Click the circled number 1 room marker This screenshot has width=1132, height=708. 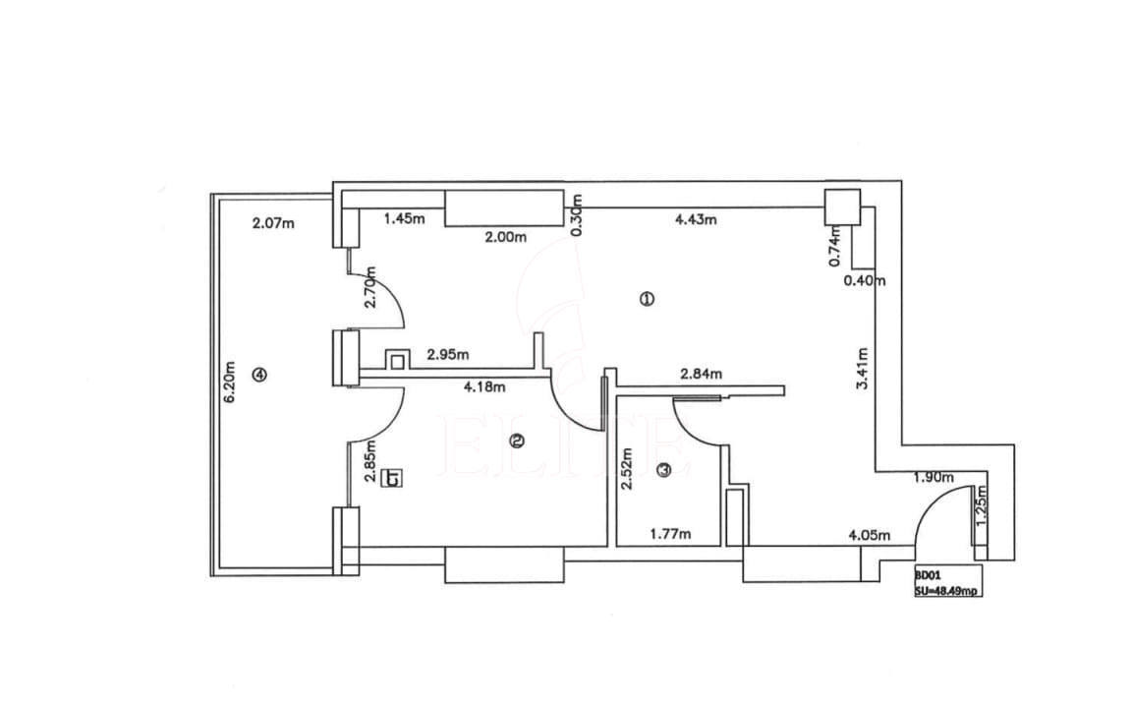647,298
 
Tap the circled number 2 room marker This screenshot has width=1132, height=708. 517,442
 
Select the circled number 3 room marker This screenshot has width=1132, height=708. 664,470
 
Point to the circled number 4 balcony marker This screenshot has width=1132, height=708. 259,375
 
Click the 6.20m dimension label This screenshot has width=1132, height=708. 230,383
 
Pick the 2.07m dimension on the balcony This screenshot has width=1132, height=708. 273,223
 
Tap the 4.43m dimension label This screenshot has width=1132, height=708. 696,219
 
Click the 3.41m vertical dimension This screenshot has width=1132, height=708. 862,369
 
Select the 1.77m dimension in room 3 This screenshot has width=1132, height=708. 670,534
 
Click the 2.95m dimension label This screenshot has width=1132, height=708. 448,354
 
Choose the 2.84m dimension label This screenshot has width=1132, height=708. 701,374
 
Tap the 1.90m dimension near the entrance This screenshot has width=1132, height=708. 934,478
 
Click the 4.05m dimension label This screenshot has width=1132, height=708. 870,535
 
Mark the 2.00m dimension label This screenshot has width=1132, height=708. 505,236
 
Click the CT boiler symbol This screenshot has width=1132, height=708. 393,478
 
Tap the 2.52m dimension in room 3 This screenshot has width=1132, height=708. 627,468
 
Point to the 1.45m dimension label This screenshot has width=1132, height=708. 404,218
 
